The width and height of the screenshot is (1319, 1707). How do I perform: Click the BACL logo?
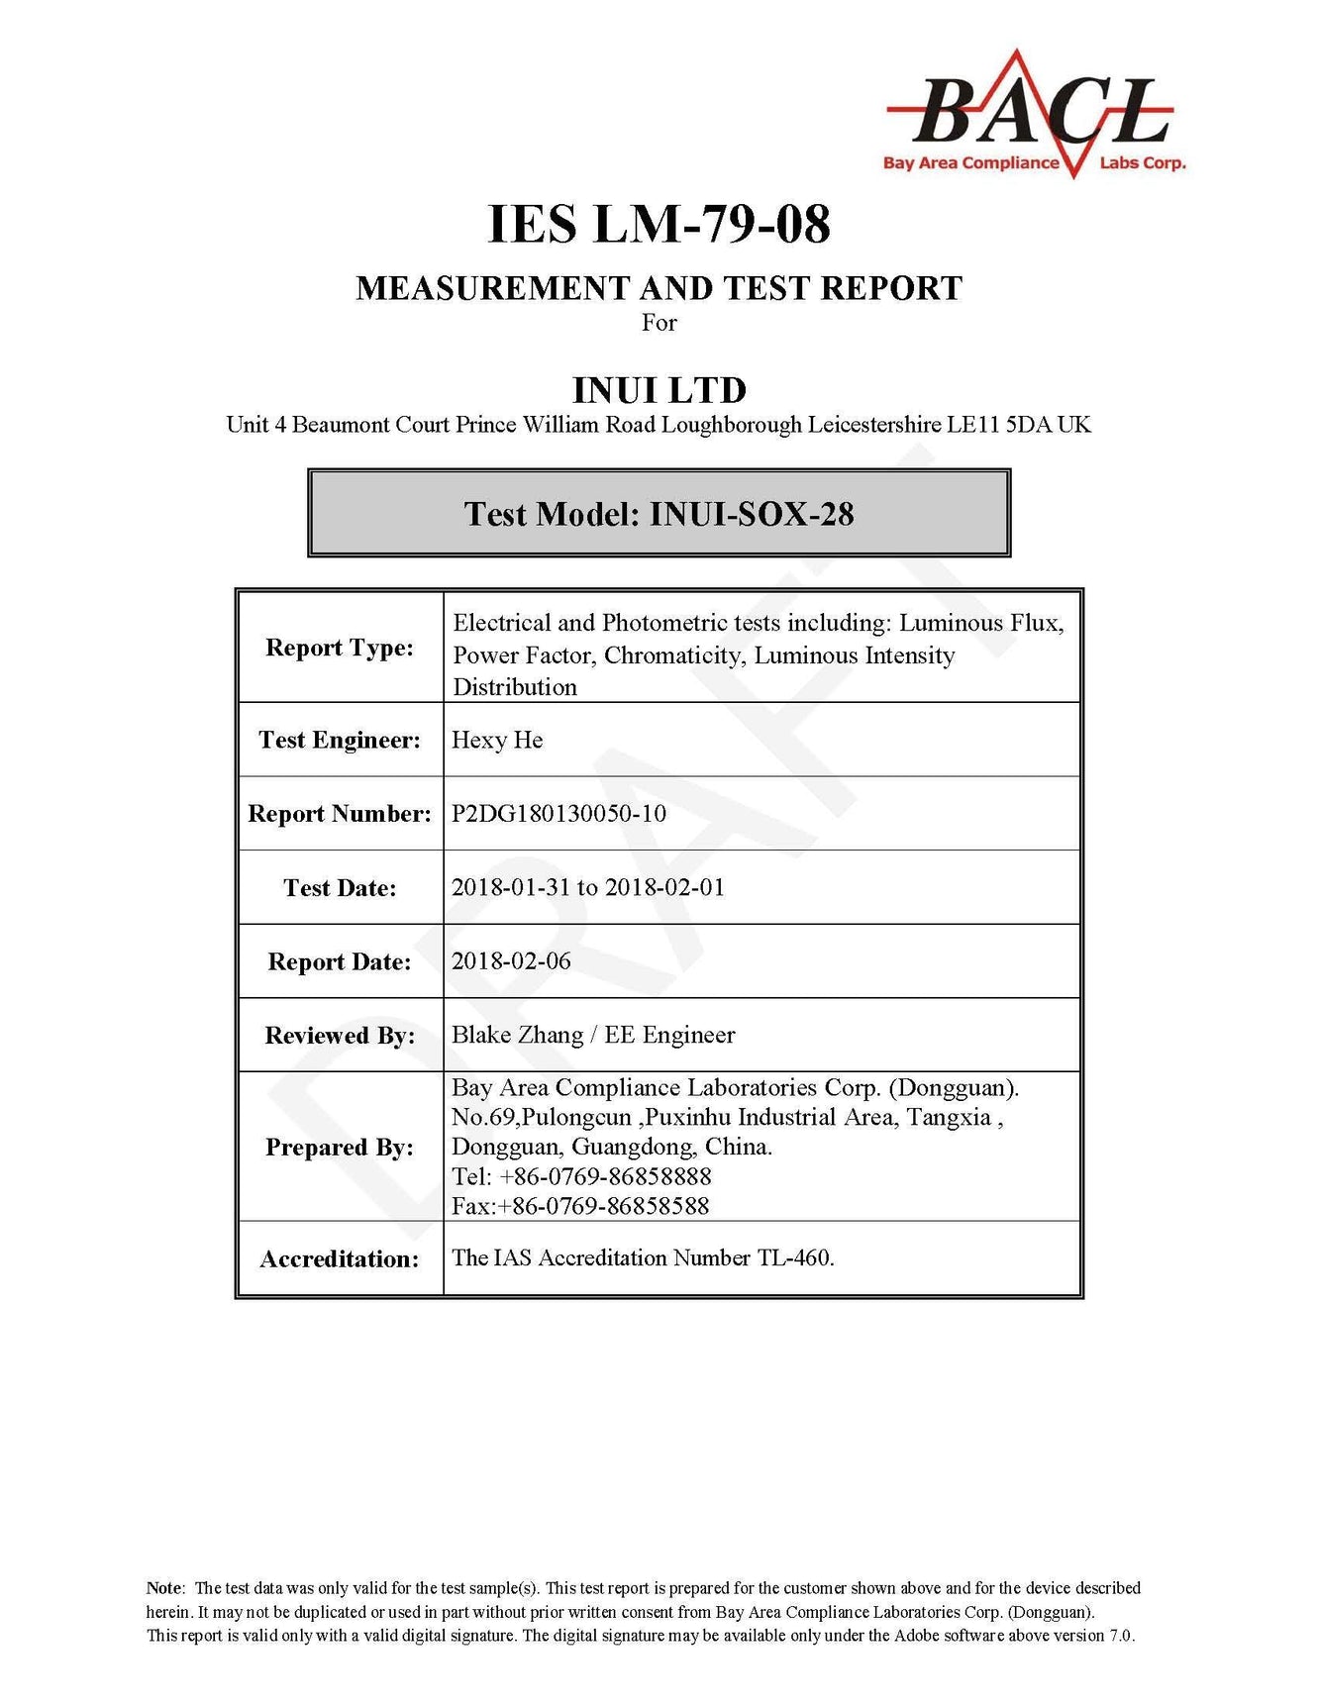pyautogui.click(x=1034, y=114)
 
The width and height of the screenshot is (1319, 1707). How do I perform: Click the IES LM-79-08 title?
pyautogui.click(x=659, y=224)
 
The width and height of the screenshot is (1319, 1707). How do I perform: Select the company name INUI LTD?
pyautogui.click(x=659, y=389)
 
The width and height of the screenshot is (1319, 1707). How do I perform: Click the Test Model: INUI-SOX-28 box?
pyautogui.click(x=659, y=513)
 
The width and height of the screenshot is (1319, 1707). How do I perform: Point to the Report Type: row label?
pyautogui.click(x=340, y=648)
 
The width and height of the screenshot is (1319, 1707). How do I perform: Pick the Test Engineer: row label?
pyautogui.click(x=340, y=740)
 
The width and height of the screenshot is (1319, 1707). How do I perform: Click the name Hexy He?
pyautogui.click(x=497, y=740)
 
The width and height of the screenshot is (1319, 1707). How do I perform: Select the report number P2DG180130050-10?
pyautogui.click(x=558, y=813)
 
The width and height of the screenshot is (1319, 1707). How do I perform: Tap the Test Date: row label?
pyautogui.click(x=340, y=887)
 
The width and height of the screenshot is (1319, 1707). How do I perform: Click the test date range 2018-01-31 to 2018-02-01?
pyautogui.click(x=588, y=887)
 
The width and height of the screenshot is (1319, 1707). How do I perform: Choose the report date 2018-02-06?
pyautogui.click(x=511, y=960)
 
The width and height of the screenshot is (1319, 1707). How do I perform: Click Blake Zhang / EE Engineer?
pyautogui.click(x=593, y=1035)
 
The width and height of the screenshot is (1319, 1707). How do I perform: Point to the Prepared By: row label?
pyautogui.click(x=340, y=1147)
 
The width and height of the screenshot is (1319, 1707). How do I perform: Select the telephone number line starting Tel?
pyautogui.click(x=581, y=1176)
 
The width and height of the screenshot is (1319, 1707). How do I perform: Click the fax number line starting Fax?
pyautogui.click(x=580, y=1206)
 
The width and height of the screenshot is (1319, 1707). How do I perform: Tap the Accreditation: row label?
pyautogui.click(x=340, y=1258)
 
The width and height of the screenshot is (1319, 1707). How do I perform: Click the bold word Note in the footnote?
pyautogui.click(x=164, y=1588)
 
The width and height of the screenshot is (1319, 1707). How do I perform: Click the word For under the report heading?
pyautogui.click(x=659, y=323)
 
